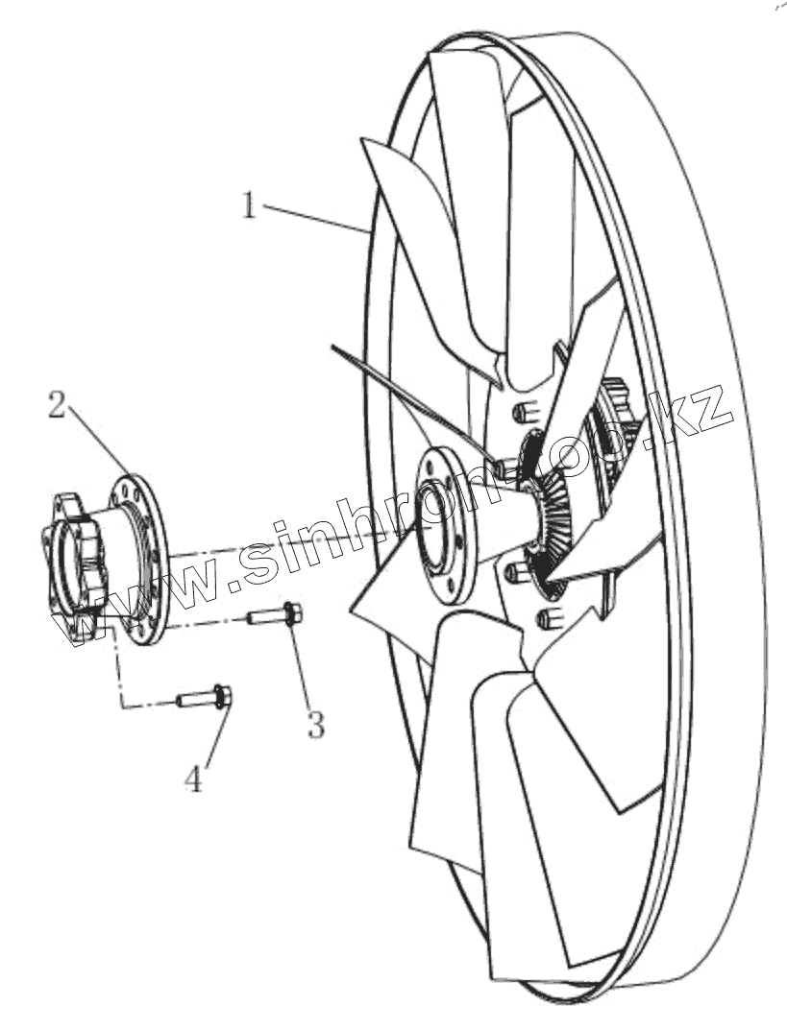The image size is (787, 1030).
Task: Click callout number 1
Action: [249, 204]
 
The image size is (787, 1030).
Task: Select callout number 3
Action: [315, 723]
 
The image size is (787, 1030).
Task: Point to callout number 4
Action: [194, 778]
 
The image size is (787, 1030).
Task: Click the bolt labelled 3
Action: [274, 614]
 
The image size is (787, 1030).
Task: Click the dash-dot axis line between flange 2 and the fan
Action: [288, 544]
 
